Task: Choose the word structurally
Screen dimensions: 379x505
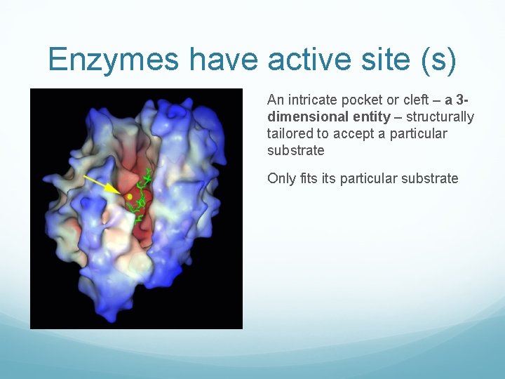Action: [440, 117]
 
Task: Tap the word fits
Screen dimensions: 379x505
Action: [308, 178]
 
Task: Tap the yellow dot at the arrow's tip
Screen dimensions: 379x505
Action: [130, 197]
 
